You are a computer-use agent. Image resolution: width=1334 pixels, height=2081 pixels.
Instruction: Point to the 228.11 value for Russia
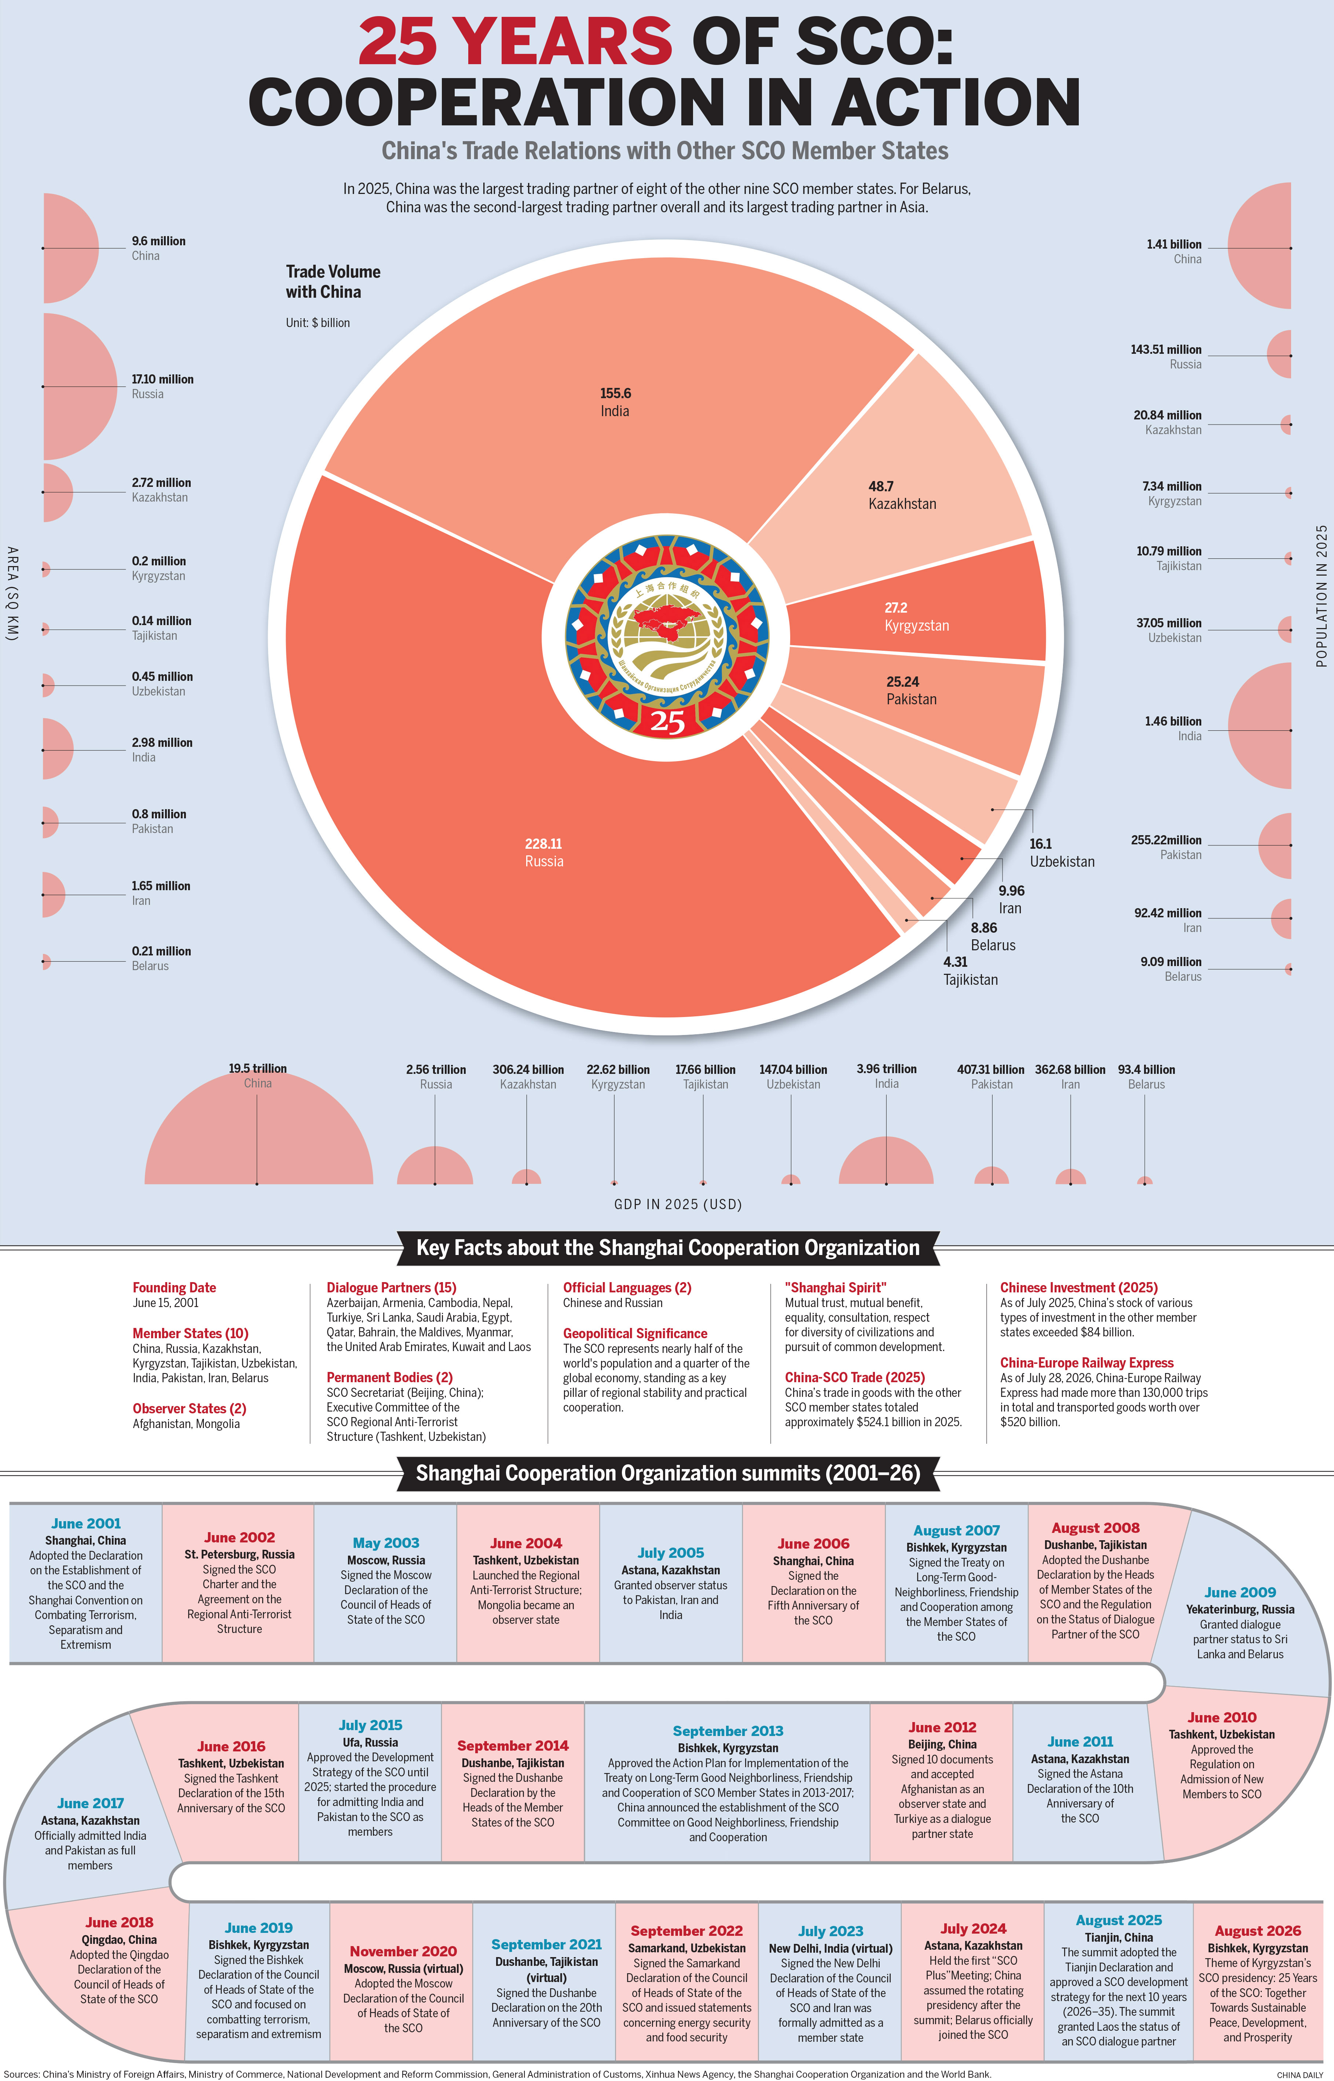coord(543,844)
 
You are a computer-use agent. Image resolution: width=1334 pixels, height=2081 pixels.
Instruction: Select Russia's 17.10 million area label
coord(163,379)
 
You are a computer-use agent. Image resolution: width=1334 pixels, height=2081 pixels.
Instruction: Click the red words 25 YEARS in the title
coord(516,41)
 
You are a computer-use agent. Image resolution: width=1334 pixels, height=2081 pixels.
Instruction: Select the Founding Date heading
coord(174,1288)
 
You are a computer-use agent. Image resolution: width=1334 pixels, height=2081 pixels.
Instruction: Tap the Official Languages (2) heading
coord(627,1288)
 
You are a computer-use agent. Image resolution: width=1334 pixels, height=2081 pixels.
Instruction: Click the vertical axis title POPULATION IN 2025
coord(1321,596)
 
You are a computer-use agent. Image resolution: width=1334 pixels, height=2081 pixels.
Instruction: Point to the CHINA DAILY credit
coord(1300,2074)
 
